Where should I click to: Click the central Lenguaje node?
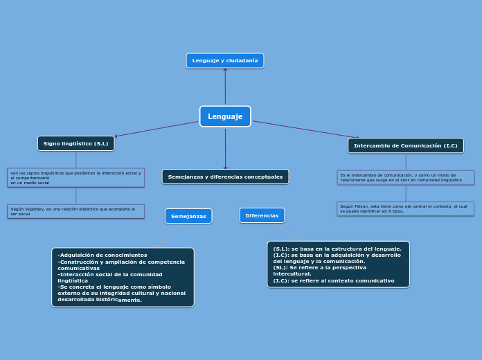pos(225,116)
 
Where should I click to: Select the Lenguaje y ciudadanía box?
pos(225,61)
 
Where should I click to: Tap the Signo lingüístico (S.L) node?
pos(76,143)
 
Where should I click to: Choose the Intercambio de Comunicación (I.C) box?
pos(406,145)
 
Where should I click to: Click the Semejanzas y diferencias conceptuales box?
pos(225,177)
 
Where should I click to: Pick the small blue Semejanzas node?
pos(188,216)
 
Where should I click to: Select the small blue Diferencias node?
pos(262,215)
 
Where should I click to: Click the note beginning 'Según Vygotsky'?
pos(76,211)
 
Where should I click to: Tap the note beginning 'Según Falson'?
pos(406,208)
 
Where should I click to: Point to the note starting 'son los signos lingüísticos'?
pos(76,177)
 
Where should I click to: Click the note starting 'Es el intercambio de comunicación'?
pos(406,177)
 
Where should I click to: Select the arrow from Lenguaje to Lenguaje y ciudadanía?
pos(225,87)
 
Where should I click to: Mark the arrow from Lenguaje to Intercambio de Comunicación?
pos(305,129)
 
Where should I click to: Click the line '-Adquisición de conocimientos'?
pos(102,255)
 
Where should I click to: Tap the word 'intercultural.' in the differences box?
pos(292,274)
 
